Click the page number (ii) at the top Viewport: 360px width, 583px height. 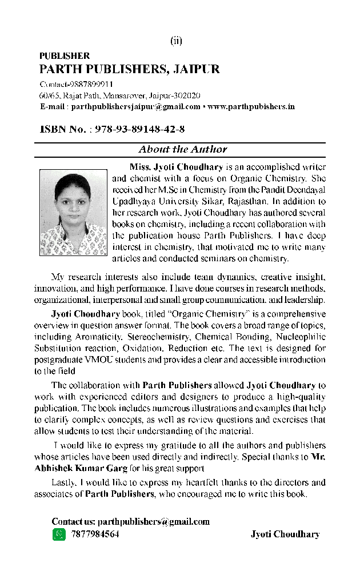(x=176, y=41)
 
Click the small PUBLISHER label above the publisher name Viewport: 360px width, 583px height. (x=64, y=56)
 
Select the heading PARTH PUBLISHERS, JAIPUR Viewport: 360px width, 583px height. (x=129, y=70)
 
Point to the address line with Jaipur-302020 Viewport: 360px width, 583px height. (x=119, y=95)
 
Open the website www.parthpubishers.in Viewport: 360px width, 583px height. (x=252, y=106)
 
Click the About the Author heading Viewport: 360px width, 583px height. (x=182, y=150)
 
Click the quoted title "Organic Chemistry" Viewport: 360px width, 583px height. (x=203, y=314)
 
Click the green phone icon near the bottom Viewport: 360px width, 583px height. (x=59, y=534)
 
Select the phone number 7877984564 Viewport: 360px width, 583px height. (x=95, y=534)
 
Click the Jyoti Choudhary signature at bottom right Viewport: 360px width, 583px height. (x=285, y=534)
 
